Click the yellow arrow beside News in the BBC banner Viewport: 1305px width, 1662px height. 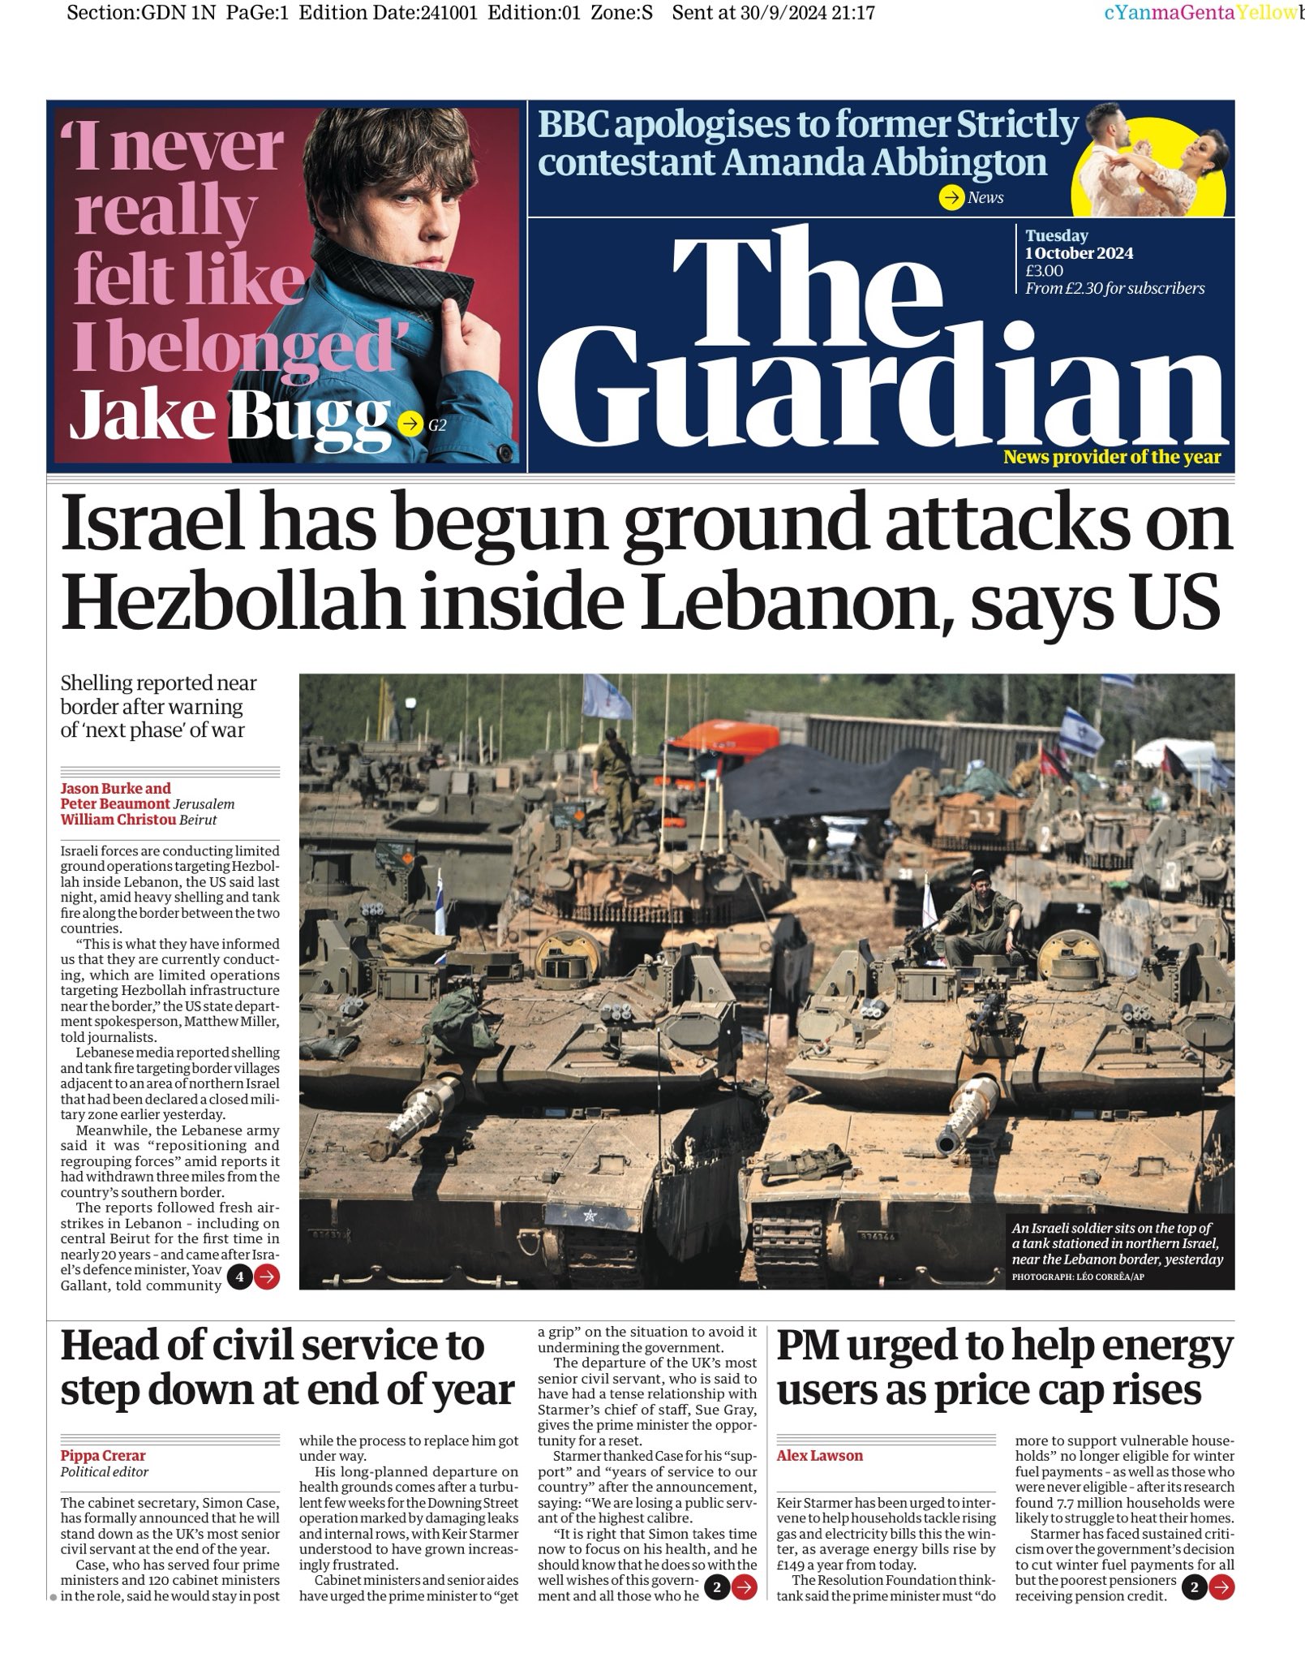point(950,197)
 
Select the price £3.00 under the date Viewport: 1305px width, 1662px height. point(1044,270)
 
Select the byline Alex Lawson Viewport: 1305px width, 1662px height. point(819,1455)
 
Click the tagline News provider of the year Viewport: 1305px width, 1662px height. point(1111,457)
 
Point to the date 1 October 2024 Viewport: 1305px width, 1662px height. point(1079,253)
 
